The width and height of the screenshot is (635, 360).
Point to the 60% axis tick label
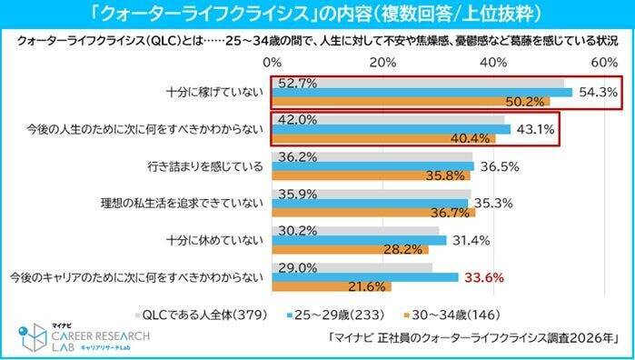point(604,63)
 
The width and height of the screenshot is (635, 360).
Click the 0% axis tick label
point(271,63)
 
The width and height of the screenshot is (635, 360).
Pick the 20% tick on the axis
point(382,63)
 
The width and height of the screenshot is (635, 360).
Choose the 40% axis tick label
point(493,63)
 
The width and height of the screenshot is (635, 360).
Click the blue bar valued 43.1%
point(391,129)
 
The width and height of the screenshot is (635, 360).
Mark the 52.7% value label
point(299,83)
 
